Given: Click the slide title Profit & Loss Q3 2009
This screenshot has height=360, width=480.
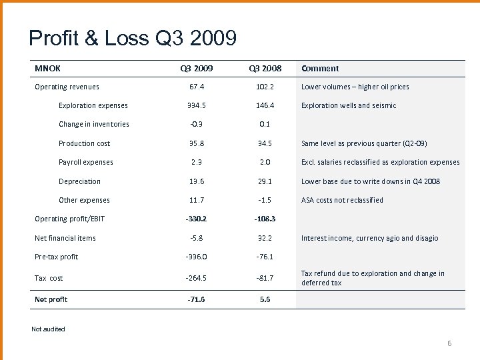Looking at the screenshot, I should tap(132, 39).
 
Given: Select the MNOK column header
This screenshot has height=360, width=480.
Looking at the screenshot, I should tap(47, 68).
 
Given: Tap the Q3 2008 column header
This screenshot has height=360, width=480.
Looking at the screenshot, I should tap(265, 68).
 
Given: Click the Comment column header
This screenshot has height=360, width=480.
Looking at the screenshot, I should tap(320, 68).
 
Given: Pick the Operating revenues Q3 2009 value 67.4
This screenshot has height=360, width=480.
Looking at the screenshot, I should tap(197, 87).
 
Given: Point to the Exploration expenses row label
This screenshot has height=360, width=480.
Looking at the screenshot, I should tap(93, 105).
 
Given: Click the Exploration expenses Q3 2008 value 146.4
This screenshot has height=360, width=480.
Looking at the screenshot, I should tap(265, 105).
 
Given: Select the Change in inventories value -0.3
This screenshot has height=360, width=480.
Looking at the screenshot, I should tap(197, 124).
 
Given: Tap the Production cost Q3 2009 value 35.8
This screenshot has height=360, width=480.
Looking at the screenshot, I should tap(197, 143).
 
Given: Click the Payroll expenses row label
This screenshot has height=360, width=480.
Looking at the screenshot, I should tap(85, 162).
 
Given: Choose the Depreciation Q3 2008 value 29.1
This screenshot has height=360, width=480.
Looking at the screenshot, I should tap(265, 181).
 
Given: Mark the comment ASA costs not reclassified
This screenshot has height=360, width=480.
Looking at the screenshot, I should tap(342, 200).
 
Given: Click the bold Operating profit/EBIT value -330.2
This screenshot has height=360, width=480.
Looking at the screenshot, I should tap(197, 219).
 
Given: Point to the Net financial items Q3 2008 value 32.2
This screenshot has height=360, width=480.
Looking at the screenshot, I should tap(265, 238).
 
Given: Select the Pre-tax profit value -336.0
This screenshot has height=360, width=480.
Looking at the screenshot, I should tap(197, 257).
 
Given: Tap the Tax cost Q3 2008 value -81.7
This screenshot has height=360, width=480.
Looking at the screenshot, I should tap(265, 278).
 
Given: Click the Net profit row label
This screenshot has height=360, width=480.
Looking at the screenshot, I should tap(51, 299).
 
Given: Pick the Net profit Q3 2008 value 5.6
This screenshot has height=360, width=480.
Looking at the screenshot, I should tap(265, 299).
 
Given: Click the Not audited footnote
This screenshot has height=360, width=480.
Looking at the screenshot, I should tap(48, 329).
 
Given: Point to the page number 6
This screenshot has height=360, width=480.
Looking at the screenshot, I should tap(449, 343).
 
